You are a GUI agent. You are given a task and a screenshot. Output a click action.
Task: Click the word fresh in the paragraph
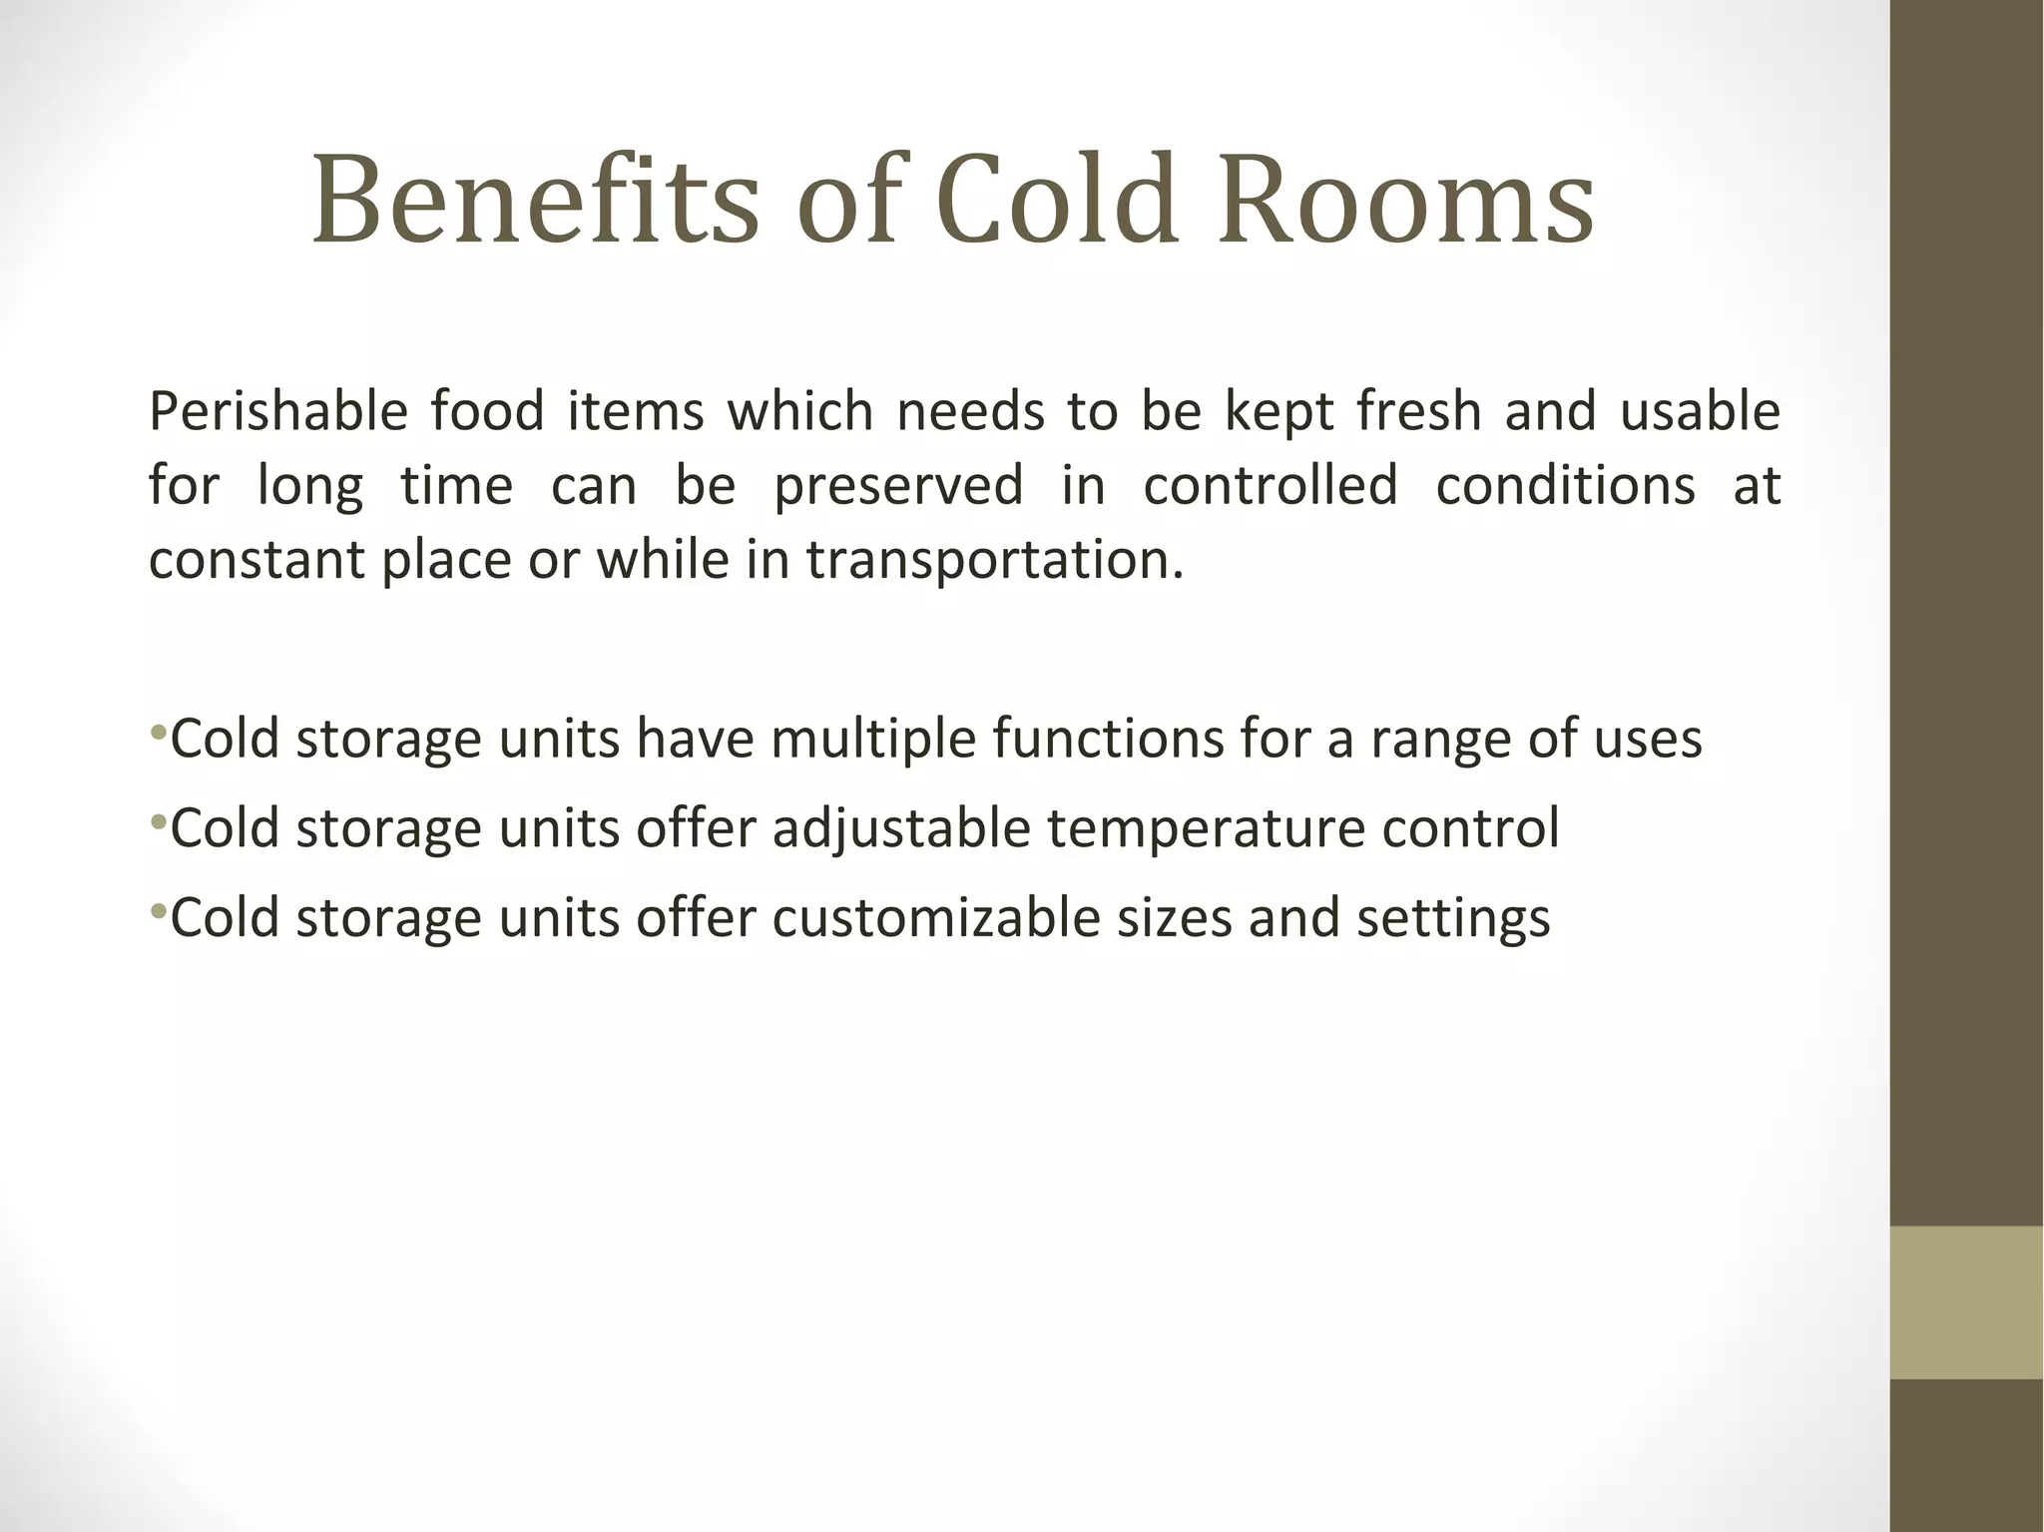coord(1418,412)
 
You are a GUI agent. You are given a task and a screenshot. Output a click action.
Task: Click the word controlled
coord(1270,485)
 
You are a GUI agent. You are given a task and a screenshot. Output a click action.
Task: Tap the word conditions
coord(1565,485)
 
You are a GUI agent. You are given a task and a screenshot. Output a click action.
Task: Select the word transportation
coord(995,560)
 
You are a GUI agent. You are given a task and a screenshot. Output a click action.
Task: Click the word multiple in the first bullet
coord(872,740)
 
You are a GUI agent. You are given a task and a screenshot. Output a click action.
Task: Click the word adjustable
coord(901,829)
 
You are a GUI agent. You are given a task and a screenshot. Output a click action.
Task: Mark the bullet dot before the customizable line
coord(158,911)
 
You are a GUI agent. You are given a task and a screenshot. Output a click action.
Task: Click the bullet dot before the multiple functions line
coord(158,734)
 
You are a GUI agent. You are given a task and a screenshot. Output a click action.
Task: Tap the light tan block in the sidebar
coord(1966,1301)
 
